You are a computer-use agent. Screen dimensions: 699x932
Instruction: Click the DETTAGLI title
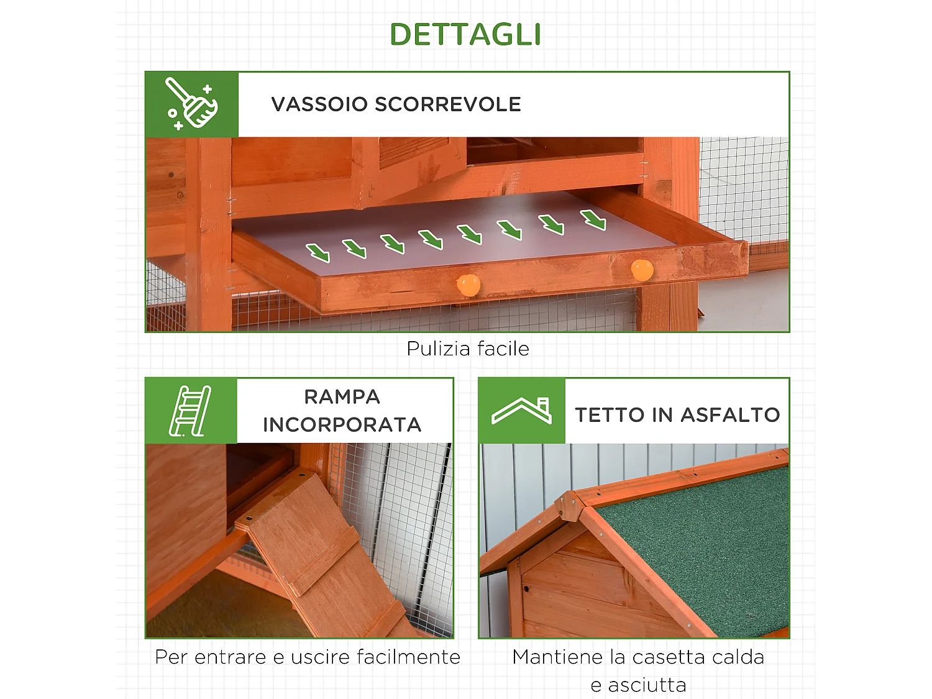tap(465, 35)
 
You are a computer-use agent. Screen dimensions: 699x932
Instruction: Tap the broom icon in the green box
tap(191, 104)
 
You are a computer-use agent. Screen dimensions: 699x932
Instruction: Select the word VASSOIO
tap(319, 104)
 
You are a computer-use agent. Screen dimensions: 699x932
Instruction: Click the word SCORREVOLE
tap(448, 104)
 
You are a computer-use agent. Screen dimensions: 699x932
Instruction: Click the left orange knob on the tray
tap(468, 285)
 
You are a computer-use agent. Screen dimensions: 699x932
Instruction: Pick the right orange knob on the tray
tap(642, 270)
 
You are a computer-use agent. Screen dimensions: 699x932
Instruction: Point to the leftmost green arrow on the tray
tap(318, 252)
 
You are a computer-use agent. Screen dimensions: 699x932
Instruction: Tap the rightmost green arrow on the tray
tap(593, 219)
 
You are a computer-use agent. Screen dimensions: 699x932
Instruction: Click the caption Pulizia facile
tap(467, 349)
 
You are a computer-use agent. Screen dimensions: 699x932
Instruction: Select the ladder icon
tap(190, 411)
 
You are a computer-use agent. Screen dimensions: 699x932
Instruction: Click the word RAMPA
tap(342, 396)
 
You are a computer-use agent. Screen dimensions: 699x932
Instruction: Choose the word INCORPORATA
tap(342, 425)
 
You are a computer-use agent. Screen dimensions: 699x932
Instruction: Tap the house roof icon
tap(521, 411)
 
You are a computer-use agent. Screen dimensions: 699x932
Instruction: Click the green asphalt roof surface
tap(702, 547)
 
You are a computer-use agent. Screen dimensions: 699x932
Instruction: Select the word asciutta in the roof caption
tap(647, 685)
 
